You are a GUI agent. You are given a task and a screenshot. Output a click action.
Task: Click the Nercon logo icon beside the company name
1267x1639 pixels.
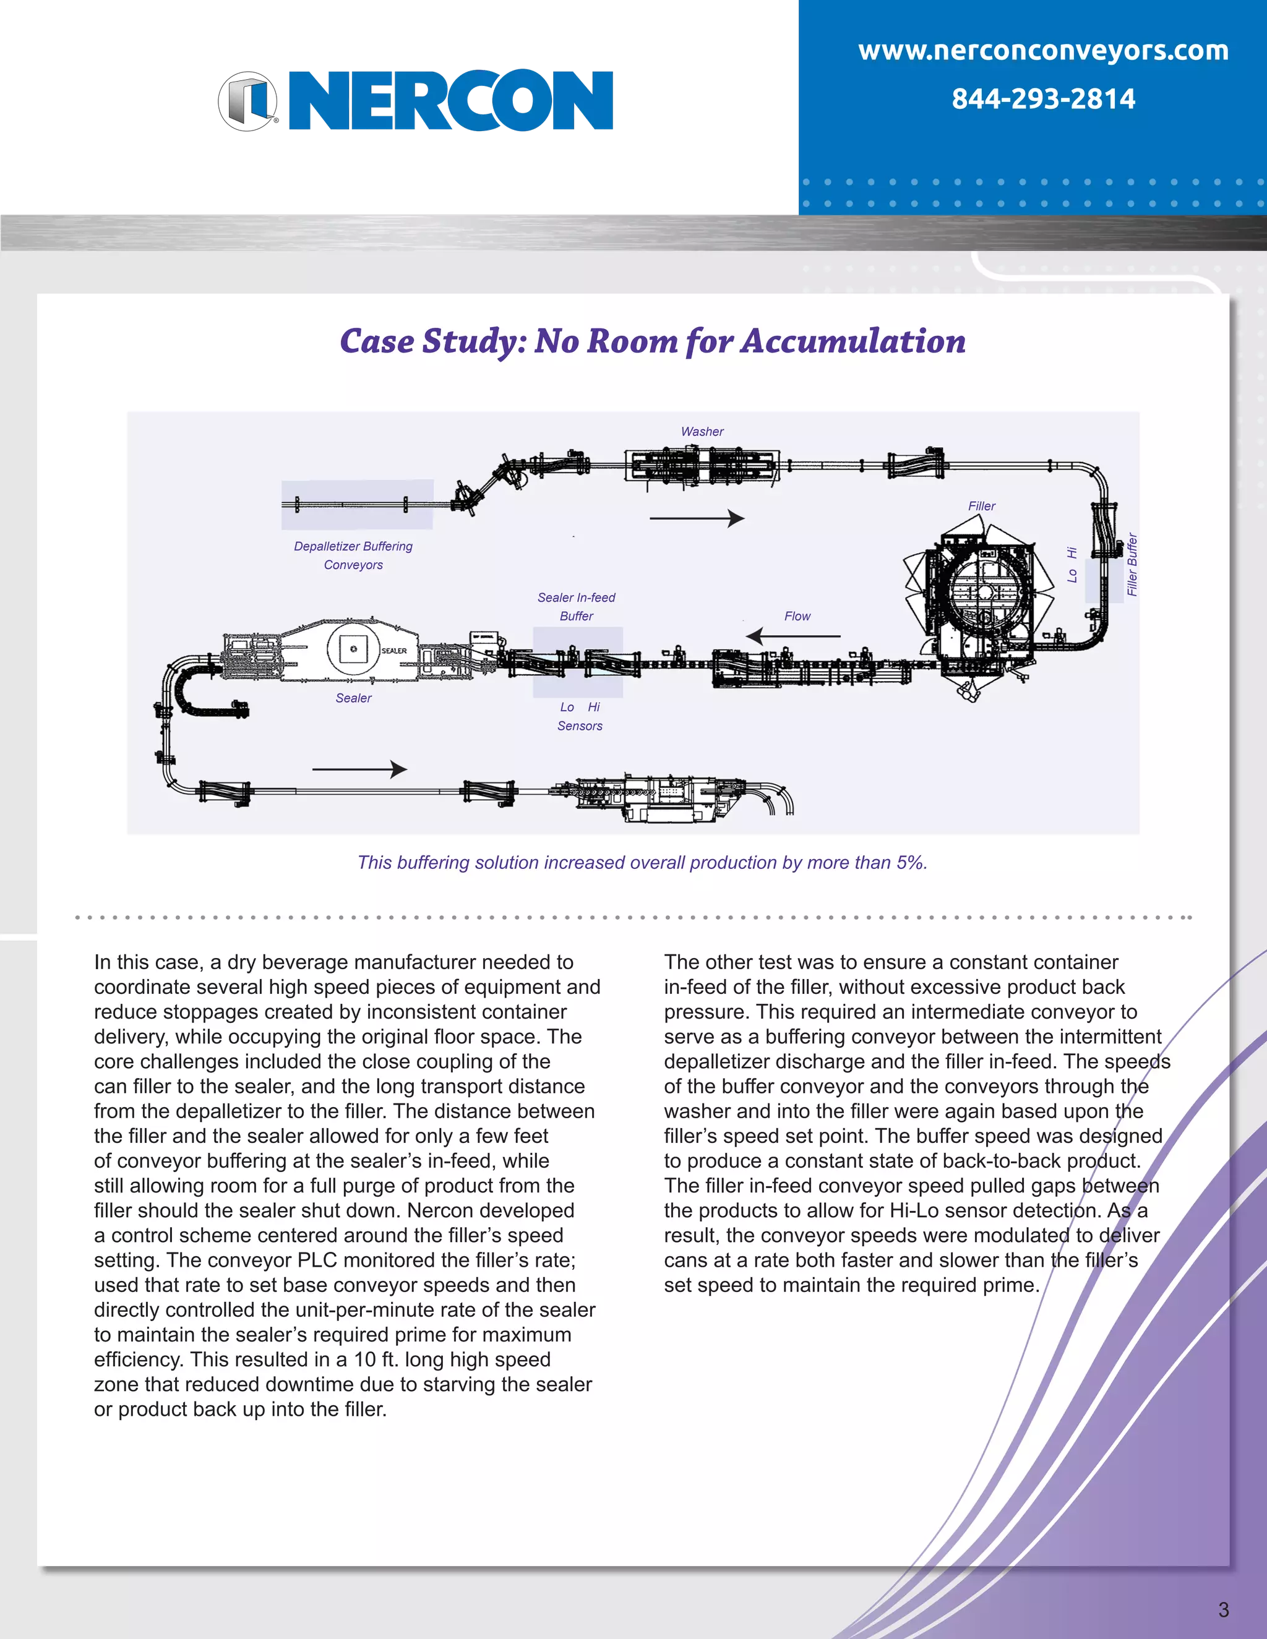point(249,101)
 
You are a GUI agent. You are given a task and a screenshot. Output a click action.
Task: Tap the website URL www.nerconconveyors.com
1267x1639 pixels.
point(1042,51)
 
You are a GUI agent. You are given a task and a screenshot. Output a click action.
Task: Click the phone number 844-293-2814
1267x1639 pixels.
point(1042,99)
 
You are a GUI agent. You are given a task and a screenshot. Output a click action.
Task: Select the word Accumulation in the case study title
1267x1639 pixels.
point(853,341)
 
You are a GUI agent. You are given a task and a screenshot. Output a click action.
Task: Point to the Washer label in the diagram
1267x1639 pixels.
point(702,432)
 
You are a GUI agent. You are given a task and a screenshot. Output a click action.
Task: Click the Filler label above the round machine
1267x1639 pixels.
point(981,507)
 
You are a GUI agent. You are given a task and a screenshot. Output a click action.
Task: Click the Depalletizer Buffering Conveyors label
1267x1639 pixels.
point(353,555)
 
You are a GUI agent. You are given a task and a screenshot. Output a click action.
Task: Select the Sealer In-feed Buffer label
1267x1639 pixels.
point(576,606)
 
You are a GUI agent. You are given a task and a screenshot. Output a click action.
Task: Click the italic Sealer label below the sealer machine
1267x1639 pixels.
point(353,698)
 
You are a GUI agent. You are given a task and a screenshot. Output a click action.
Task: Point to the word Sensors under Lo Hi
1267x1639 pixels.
point(580,725)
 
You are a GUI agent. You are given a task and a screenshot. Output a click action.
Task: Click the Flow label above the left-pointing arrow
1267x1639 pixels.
point(797,616)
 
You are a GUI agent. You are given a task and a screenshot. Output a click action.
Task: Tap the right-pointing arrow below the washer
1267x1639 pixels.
point(697,518)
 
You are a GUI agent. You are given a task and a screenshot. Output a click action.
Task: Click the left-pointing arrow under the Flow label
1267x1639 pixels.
point(792,636)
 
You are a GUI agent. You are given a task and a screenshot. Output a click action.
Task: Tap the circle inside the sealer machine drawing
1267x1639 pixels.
point(353,648)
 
